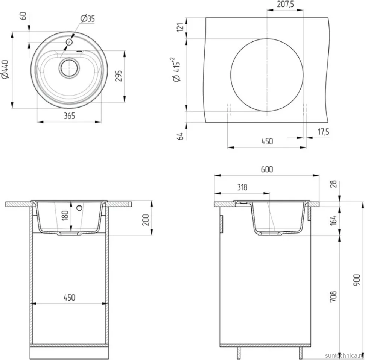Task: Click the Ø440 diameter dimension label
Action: tap(5, 70)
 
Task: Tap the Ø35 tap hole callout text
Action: tap(88, 18)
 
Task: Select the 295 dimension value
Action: tap(119, 76)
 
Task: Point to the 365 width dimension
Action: tap(69, 115)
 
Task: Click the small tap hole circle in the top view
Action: tap(69, 42)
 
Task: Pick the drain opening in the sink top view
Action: tap(69, 68)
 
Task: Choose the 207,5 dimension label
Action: tap(285, 4)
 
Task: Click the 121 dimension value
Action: tap(181, 28)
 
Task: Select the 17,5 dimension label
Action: tap(323, 132)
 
